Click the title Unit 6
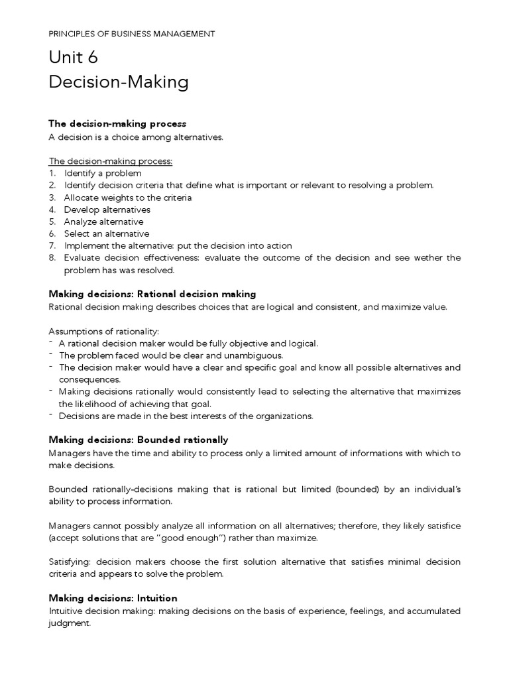[74, 58]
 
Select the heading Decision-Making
[119, 82]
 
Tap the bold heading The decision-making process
[117, 124]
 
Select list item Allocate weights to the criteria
[127, 198]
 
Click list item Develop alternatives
[107, 210]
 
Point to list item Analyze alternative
[103, 221]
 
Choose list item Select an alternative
[106, 233]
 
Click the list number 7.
[52, 245]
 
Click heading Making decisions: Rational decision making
[152, 294]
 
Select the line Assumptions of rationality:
[104, 331]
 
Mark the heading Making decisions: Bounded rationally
[139, 440]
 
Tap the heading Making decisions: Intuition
[113, 598]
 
